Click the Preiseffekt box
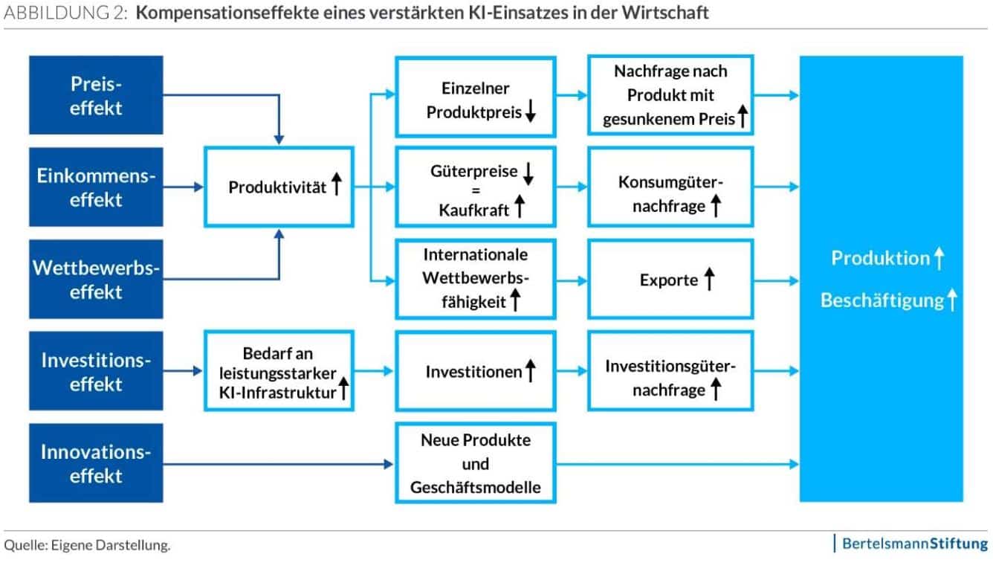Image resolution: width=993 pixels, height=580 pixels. point(96,95)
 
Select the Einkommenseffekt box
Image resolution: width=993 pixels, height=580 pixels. point(96,187)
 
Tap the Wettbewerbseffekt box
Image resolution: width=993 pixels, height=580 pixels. point(96,279)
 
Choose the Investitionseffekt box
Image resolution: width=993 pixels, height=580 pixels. point(96,371)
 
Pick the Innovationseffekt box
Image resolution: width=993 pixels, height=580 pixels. point(96,463)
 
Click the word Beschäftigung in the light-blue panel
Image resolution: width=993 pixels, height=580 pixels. point(882,300)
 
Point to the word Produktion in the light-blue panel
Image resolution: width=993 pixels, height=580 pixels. point(881,258)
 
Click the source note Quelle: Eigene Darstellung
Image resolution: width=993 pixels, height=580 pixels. point(87,545)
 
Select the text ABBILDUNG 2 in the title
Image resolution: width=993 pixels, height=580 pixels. point(65,13)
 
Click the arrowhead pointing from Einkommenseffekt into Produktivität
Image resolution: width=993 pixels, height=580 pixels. point(199,187)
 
